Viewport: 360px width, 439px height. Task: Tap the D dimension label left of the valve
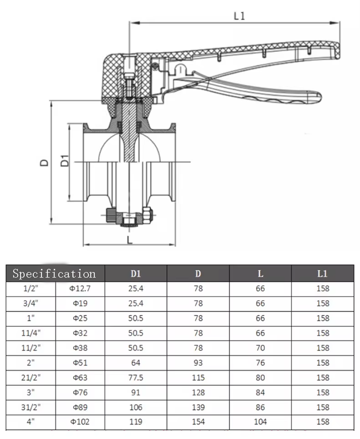[44, 162]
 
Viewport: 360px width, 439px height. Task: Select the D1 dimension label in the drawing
[65, 161]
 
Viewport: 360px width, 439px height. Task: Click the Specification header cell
[54, 273]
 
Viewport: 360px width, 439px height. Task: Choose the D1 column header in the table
[135, 273]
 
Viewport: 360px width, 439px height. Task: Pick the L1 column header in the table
[323, 273]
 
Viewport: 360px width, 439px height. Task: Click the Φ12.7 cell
[80, 288]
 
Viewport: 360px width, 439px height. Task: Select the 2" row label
[30, 362]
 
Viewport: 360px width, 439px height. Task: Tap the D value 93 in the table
[198, 362]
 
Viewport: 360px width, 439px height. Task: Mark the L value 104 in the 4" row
[260, 422]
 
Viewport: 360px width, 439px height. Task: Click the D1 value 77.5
[135, 377]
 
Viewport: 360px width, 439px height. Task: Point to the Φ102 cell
[80, 422]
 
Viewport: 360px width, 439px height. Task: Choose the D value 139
[198, 407]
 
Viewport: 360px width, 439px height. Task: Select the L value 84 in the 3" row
[260, 392]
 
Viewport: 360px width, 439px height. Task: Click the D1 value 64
[135, 362]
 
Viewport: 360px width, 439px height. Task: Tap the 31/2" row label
[30, 407]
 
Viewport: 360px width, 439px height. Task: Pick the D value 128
[198, 392]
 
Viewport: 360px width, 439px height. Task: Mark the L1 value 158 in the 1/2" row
[323, 288]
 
